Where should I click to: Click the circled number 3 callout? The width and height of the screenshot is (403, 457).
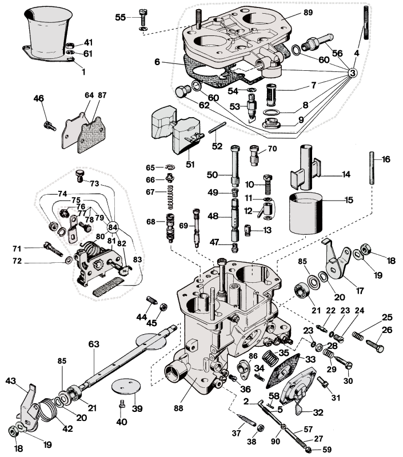[352, 73]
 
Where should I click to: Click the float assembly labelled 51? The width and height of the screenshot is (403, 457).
[174, 129]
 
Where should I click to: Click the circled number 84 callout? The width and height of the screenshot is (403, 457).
[113, 228]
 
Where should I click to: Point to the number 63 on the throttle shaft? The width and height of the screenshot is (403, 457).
[94, 344]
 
